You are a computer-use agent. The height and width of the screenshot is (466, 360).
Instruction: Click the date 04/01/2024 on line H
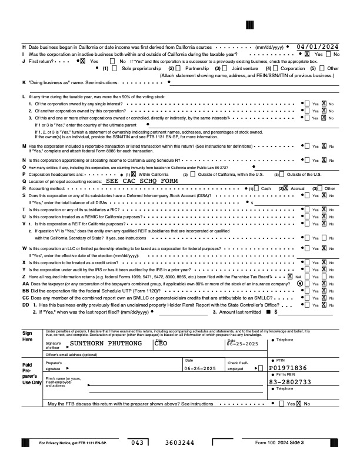318,46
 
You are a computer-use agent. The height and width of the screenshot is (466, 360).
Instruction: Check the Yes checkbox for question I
308,54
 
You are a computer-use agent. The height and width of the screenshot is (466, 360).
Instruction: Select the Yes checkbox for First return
82,61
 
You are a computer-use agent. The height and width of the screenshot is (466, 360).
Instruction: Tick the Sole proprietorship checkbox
116,68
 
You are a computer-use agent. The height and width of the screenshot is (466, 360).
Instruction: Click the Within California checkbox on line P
134,175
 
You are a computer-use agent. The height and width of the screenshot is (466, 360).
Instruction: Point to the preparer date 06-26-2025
197,369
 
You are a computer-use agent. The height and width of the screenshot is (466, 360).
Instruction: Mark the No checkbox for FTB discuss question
299,404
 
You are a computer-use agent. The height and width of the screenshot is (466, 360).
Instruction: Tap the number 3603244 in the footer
179,442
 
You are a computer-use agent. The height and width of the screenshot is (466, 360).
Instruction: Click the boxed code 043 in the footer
138,442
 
